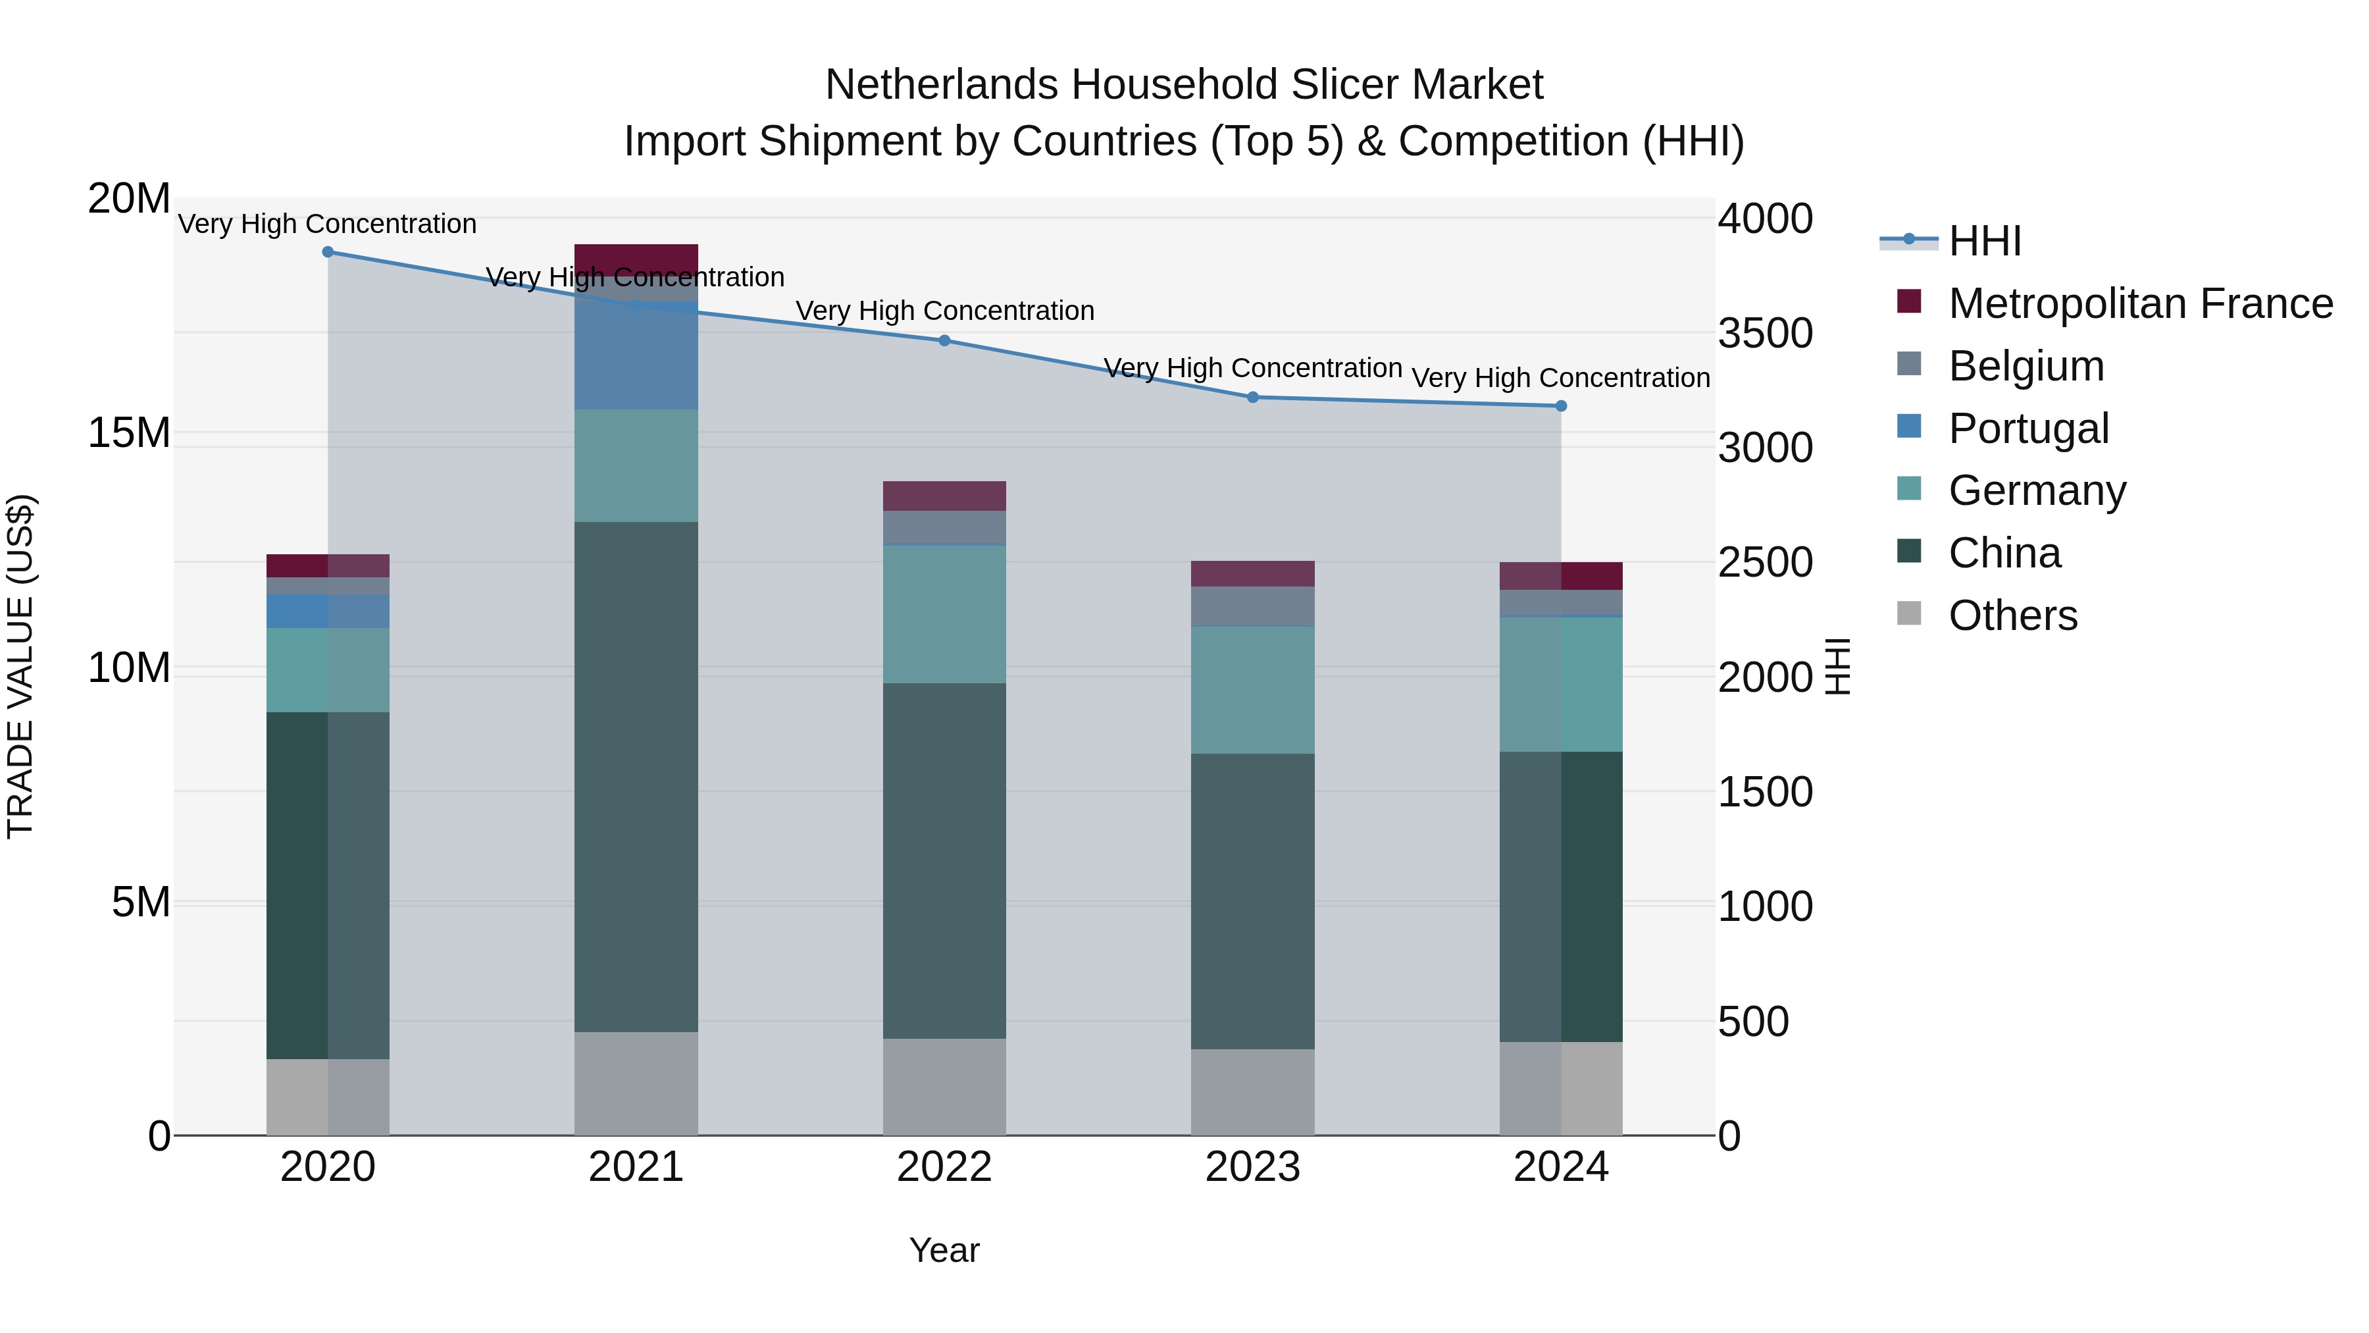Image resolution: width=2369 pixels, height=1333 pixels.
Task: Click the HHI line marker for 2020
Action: pyautogui.click(x=328, y=252)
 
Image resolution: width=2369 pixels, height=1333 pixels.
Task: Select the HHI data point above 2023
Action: pyautogui.click(x=1252, y=398)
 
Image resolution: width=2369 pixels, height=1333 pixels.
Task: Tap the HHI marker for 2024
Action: pyautogui.click(x=1561, y=405)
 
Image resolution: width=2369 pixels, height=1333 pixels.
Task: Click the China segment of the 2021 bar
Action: pyautogui.click(x=636, y=777)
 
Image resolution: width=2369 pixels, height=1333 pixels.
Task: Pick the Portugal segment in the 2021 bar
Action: pyautogui.click(x=636, y=355)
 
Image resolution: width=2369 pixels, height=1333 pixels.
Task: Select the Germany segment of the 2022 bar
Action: pyautogui.click(x=944, y=615)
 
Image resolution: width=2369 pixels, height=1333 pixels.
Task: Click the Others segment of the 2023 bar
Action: pyautogui.click(x=1252, y=1092)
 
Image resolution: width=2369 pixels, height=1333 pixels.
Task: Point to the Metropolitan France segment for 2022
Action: pyautogui.click(x=944, y=496)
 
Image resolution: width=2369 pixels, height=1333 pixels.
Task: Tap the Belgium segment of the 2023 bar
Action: pyautogui.click(x=1252, y=606)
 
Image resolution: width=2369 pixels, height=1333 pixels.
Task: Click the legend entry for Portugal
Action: pyautogui.click(x=2028, y=429)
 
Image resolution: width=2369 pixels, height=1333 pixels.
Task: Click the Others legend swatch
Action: pyautogui.click(x=1909, y=614)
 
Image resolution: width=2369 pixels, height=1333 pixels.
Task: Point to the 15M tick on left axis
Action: pyautogui.click(x=130, y=433)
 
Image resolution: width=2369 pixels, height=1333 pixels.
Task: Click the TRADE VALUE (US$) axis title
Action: pyautogui.click(x=20, y=666)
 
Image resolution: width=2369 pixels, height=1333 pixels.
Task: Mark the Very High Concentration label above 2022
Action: pyautogui.click(x=944, y=311)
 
